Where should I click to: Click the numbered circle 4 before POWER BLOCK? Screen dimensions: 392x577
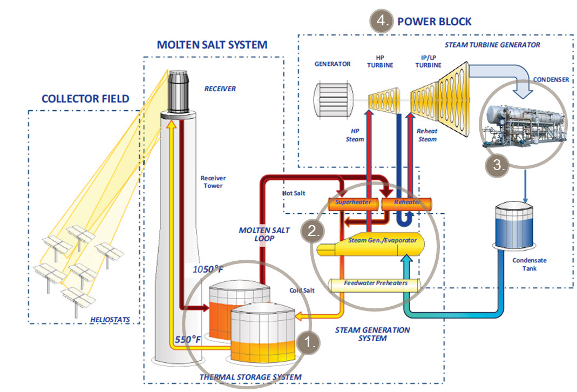[381, 22]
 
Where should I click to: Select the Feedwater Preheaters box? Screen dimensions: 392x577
[376, 283]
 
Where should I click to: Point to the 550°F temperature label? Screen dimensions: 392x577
[188, 340]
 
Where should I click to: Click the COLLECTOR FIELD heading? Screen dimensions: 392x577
[85, 99]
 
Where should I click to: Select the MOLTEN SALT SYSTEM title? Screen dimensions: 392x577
[212, 45]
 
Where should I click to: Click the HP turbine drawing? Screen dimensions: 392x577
[383, 100]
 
